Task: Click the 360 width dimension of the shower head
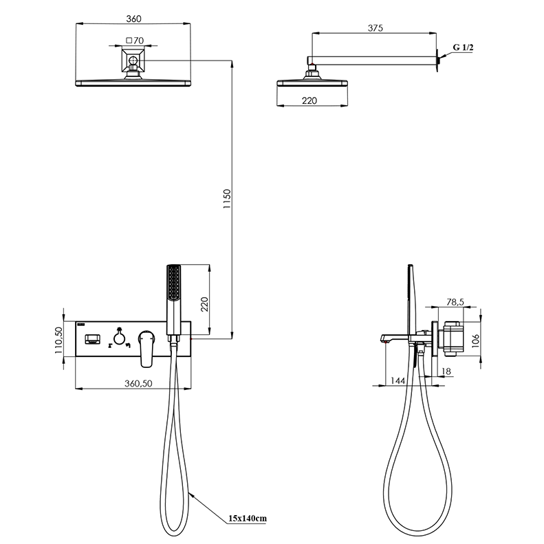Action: pos(133,19)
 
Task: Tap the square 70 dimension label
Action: pos(135,41)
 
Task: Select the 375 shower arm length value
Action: pos(375,28)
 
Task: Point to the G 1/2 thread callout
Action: pos(463,47)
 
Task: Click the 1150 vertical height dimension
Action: pos(227,199)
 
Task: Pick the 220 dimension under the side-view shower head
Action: pos(309,100)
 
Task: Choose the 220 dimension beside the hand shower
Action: pos(205,304)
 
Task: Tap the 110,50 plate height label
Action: pos(58,340)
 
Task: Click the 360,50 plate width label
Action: pos(138,383)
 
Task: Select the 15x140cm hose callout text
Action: pos(248,519)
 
